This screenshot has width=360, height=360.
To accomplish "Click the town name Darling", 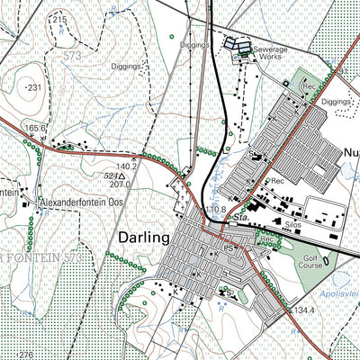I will (x=143, y=238).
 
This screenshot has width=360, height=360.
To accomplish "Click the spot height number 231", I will (x=35, y=86).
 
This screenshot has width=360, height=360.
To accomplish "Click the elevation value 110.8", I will (x=214, y=209).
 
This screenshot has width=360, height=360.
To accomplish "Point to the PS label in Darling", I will (x=229, y=246).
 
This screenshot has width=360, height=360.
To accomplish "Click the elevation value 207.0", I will (x=121, y=184).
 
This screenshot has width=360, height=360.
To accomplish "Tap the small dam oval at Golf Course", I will (x=325, y=256).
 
